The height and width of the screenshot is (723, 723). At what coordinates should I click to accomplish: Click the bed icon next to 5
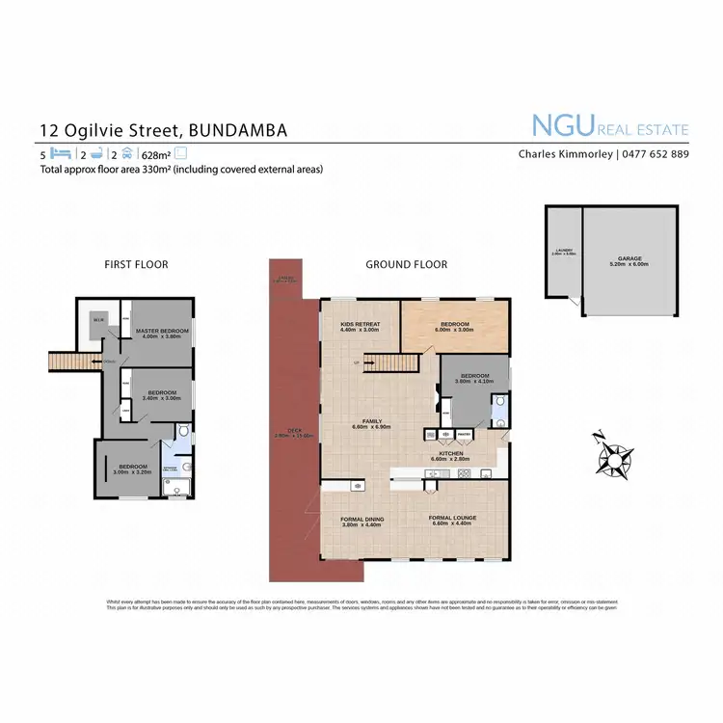tap(61, 153)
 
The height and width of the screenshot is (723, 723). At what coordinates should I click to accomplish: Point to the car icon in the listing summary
tap(126, 153)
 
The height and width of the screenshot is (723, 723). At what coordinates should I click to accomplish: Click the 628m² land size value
tap(155, 153)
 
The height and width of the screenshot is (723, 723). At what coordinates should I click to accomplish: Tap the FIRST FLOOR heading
tap(136, 264)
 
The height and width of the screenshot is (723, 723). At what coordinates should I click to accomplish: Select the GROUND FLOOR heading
tap(407, 264)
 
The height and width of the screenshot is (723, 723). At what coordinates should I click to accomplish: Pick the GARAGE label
tap(629, 258)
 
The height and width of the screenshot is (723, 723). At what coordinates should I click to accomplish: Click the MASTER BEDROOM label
tap(163, 332)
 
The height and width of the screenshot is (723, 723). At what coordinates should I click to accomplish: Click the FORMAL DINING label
tap(362, 520)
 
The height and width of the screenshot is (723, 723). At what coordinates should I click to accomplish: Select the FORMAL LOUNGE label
tap(452, 518)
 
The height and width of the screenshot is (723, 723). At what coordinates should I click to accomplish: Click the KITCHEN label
tap(451, 453)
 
